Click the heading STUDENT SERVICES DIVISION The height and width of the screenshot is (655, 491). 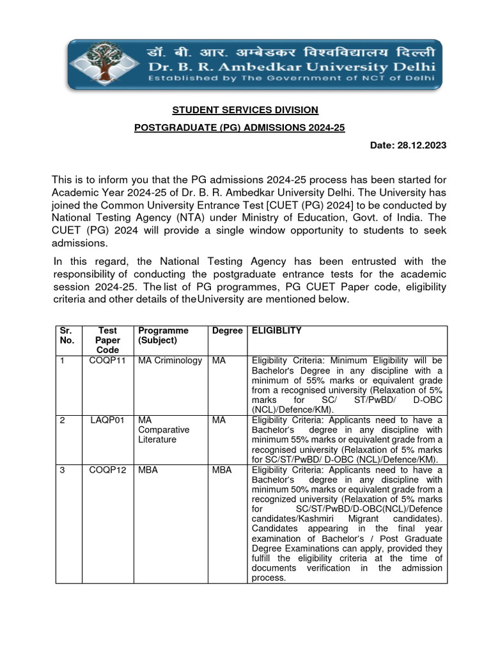pos(245,110)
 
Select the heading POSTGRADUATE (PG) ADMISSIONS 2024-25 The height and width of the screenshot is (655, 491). pos(239,128)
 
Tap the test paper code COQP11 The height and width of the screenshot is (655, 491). pos(107,361)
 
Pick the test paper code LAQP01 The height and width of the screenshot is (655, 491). pos(107,420)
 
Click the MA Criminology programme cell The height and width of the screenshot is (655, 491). pos(170,361)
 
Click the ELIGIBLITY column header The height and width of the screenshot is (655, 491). pos(277,331)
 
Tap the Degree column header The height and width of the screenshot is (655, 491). pos(228,331)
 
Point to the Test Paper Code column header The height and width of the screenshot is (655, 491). pos(107,340)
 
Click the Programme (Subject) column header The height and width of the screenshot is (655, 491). pos(163,335)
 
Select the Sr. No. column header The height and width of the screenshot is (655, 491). pos(67,335)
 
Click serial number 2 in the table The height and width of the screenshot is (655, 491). pos(63,420)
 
